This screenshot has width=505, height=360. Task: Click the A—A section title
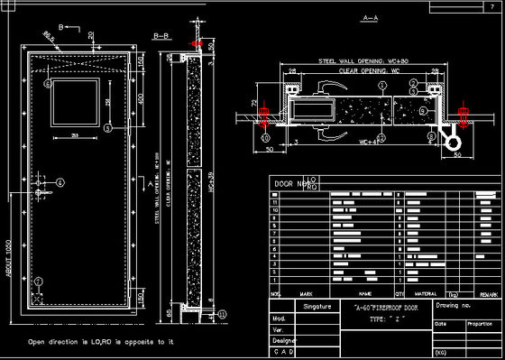(369, 18)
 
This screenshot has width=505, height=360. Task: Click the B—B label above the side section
(162, 36)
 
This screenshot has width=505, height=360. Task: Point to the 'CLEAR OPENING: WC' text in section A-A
(363, 69)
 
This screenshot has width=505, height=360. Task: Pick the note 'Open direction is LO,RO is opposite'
(100, 342)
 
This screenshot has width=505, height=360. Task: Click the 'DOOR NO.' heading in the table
(289, 182)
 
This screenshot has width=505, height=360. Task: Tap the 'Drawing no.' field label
(453, 308)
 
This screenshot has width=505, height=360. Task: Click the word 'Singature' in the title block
(317, 308)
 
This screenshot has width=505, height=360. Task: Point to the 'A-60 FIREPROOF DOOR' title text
(385, 309)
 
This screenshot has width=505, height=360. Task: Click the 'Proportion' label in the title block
(479, 323)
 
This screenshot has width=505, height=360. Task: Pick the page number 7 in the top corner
(491, 6)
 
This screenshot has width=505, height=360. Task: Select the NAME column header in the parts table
(364, 294)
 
